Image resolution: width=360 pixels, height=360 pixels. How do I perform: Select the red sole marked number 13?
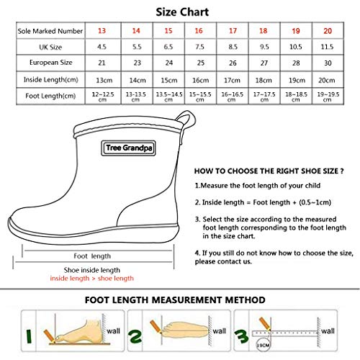point(102,30)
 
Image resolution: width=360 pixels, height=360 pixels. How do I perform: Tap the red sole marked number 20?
point(328,30)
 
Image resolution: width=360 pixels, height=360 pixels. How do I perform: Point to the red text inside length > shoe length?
point(91,278)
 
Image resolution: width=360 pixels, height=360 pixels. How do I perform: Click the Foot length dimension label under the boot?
point(92,256)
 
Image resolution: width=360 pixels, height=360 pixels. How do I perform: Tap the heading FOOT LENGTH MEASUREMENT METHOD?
point(175,299)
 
